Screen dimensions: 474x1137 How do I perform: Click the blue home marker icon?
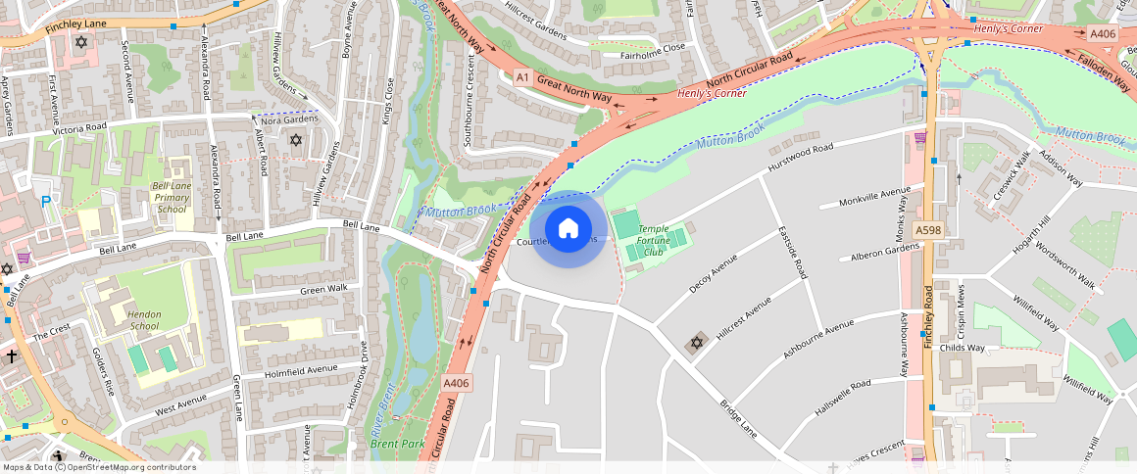tap(568, 229)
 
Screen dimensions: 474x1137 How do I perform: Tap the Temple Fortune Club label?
tap(653, 240)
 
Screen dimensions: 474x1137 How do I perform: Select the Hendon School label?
tap(144, 320)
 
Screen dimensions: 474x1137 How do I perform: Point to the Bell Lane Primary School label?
tap(171, 197)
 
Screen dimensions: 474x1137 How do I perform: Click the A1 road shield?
tap(522, 76)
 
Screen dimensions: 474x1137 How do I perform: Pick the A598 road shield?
tap(927, 229)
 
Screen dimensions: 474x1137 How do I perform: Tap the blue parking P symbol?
tap(46, 202)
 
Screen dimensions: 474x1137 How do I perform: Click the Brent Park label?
tap(398, 444)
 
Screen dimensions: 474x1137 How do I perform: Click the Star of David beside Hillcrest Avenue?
tap(697, 343)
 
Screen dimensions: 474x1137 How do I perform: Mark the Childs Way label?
tap(962, 348)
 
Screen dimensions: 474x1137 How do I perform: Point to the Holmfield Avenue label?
tap(301, 371)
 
